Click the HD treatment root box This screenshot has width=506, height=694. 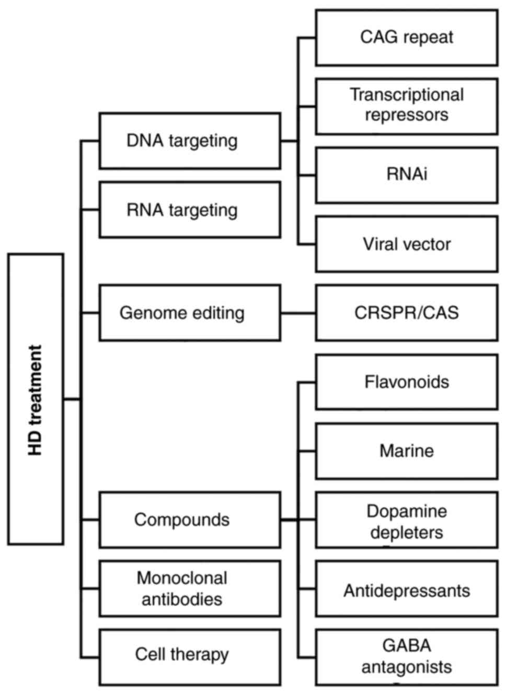coord(36,400)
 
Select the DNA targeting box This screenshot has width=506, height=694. coord(190,141)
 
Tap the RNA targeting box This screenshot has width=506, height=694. coord(190,210)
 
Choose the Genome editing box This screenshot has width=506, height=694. coord(190,313)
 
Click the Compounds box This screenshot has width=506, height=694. coord(190,520)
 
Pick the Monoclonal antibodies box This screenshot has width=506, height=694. coord(190,588)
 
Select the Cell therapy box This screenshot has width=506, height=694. coord(190,657)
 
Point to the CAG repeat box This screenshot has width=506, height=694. coord(406,38)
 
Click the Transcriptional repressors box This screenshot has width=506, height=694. coord(406,106)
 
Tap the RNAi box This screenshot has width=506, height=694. coord(406,175)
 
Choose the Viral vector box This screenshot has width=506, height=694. coord(406,244)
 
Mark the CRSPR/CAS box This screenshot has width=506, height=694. coord(406,313)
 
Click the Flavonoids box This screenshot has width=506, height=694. coord(406,382)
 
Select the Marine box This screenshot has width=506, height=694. coord(406,451)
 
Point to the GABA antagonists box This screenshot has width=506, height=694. coord(406,657)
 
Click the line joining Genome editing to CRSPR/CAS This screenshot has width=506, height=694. coord(298,313)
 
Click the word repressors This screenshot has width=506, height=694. coord(406,115)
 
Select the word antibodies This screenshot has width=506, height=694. coord(182,599)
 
